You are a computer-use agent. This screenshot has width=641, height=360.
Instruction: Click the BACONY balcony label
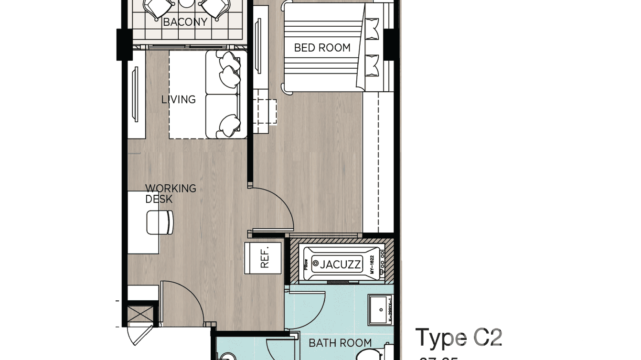tap(185, 22)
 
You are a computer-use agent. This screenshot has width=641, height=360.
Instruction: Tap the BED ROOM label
tap(322, 48)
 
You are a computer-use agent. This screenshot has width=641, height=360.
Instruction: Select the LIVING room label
tap(178, 99)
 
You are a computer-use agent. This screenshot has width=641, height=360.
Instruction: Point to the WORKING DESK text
tap(171, 193)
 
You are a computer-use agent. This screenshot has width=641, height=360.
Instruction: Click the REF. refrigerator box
tap(263, 258)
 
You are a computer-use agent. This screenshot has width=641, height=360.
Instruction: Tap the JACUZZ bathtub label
tap(341, 264)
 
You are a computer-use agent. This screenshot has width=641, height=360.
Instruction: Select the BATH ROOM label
tap(340, 343)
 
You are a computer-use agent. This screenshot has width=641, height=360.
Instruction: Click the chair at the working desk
tap(160, 222)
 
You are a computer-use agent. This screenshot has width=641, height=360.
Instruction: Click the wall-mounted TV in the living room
tap(135, 95)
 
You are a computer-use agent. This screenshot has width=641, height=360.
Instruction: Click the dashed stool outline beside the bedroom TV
tap(265, 111)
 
